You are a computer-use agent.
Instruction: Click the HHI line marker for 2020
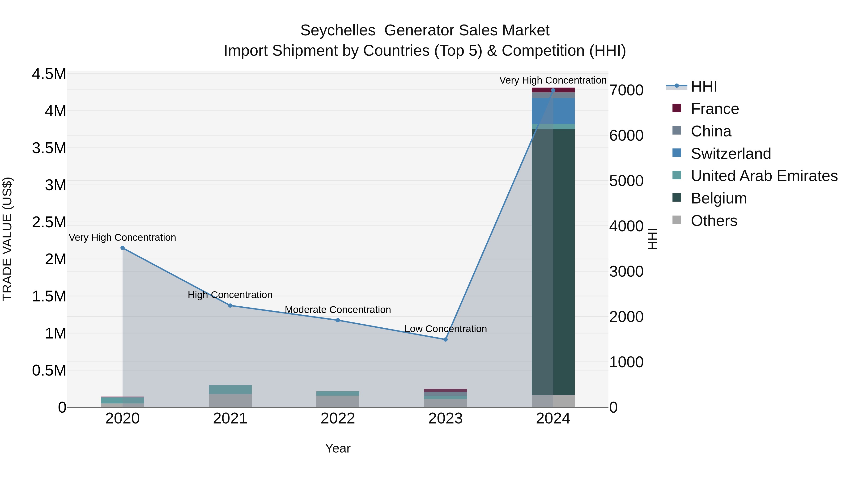[122, 248]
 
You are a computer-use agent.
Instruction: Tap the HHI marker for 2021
[230, 305]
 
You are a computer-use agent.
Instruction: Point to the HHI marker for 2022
[338, 320]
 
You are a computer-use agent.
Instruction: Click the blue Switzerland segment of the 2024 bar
[553, 111]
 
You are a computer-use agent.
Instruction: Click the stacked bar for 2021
[230, 396]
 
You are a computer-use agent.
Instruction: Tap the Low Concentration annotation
[446, 329]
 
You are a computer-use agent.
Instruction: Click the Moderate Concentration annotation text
[338, 310]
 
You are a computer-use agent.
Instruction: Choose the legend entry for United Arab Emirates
[764, 176]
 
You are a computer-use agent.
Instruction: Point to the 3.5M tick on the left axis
[49, 148]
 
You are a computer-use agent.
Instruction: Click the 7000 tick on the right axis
[626, 90]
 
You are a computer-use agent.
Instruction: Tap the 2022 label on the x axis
[338, 419]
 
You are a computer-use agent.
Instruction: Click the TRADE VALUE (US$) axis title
[7, 239]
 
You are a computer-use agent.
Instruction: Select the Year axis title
[338, 448]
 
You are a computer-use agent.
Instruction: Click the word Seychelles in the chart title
[338, 30]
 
